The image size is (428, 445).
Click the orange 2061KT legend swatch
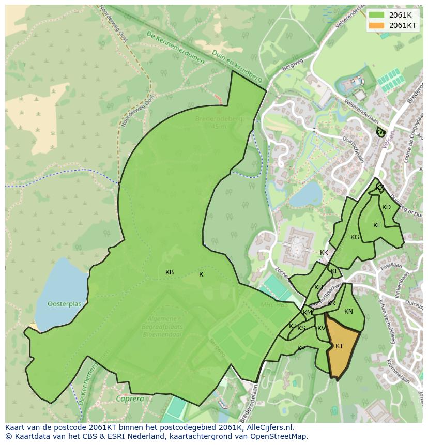tap(377, 25)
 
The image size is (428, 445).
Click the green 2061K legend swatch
tap(377, 15)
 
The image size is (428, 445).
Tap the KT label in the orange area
tap(339, 346)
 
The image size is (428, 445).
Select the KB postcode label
tap(170, 272)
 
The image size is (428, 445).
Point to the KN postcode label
tap(348, 312)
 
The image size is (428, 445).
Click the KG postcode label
tap(355, 237)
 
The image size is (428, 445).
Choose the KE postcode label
tap(377, 225)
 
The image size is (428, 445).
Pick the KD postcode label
tap(386, 207)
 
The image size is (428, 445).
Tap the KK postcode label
tap(324, 253)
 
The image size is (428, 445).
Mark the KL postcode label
tap(334, 271)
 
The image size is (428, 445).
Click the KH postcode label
tap(318, 287)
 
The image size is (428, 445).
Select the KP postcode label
tap(301, 348)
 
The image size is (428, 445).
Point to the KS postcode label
tap(301, 328)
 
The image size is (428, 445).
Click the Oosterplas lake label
tap(65, 304)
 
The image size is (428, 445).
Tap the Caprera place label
tap(130, 399)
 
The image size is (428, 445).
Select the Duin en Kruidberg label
tap(241, 70)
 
